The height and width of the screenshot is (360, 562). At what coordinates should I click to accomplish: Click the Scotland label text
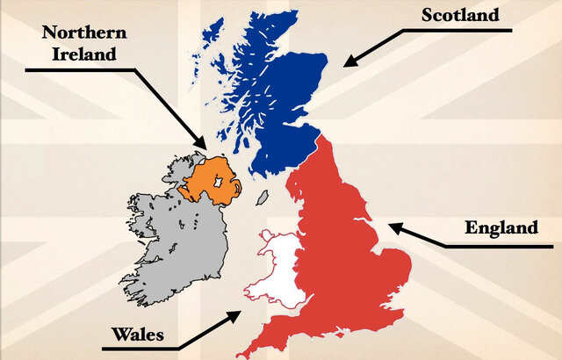459,14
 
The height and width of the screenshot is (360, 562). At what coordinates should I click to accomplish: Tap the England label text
501,228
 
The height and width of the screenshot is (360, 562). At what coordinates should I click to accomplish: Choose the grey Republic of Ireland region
176,237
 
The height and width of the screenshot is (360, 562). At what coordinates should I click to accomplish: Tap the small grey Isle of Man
263,197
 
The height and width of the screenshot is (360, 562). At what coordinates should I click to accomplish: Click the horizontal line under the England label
501,245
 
